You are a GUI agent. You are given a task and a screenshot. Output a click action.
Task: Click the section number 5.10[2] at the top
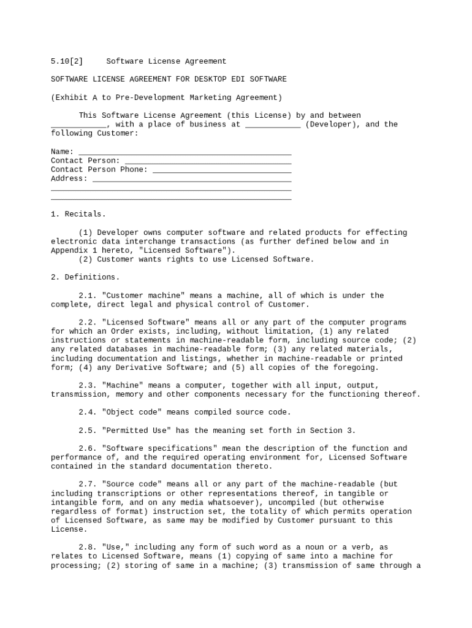pyautogui.click(x=67, y=61)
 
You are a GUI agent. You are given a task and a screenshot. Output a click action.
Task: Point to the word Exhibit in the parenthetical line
pyautogui.click(x=72, y=98)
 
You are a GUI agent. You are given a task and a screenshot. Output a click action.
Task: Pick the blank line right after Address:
pyautogui.click(x=191, y=180)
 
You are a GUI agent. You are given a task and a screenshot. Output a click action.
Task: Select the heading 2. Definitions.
pyautogui.click(x=85, y=277)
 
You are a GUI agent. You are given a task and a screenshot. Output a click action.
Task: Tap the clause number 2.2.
pyautogui.click(x=88, y=323)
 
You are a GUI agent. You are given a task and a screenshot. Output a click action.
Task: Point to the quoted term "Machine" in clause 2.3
pyautogui.click(x=123, y=386)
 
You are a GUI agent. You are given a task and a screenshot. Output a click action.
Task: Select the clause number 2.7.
pyautogui.click(x=88, y=484)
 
